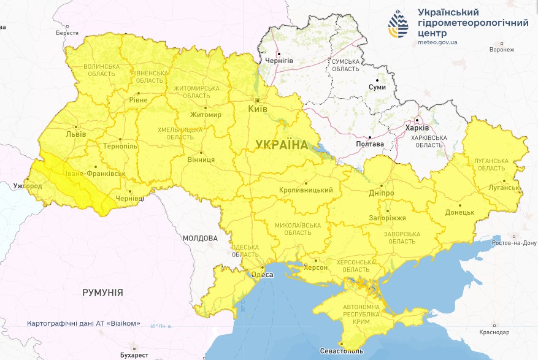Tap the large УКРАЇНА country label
coord(282,145)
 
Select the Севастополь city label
coord(342,351)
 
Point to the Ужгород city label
coord(28,185)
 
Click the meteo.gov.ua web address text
coord(437,42)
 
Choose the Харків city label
coord(417,128)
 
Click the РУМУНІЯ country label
coord(102,293)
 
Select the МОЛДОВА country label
coord(200,238)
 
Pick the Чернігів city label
coord(279,61)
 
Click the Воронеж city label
coord(502,49)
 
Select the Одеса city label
coord(263,275)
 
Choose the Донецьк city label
coord(459,212)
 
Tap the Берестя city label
coord(67,33)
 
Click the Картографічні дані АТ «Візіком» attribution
coord(83,323)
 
